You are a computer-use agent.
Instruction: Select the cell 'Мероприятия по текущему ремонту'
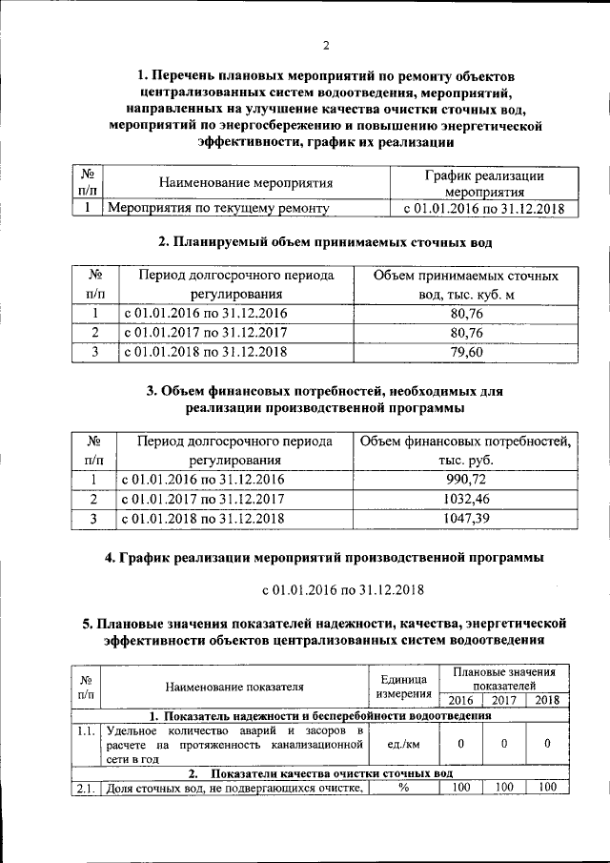tap(218, 208)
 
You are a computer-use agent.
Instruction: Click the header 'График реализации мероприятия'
tap(483, 183)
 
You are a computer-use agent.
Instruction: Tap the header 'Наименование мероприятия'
tap(246, 183)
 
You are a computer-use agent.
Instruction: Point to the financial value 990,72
tap(465, 479)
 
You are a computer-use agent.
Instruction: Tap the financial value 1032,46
tap(465, 498)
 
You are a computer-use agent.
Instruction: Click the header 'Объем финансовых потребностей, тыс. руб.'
tap(465, 451)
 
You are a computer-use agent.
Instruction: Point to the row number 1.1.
tap(86, 730)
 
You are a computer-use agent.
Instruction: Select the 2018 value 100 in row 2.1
tap(547, 787)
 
